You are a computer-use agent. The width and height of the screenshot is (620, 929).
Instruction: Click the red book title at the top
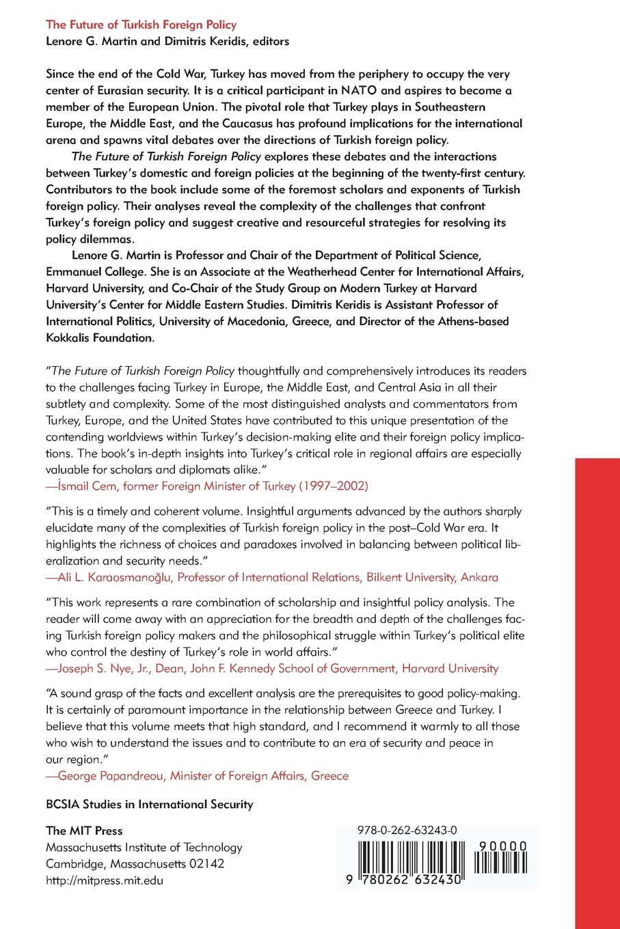(x=141, y=25)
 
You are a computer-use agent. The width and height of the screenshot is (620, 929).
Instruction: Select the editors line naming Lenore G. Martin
(x=167, y=41)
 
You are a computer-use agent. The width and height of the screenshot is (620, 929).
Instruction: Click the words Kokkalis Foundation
(x=100, y=337)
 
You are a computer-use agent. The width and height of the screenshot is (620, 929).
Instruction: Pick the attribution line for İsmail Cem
(x=206, y=486)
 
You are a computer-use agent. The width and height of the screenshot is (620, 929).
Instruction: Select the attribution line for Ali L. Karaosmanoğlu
(x=271, y=577)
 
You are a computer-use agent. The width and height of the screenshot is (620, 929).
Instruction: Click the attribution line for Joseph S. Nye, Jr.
(x=271, y=668)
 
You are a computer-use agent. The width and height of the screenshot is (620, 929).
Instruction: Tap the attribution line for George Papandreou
(x=197, y=775)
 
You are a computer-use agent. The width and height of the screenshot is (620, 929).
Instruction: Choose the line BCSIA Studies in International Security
(x=149, y=804)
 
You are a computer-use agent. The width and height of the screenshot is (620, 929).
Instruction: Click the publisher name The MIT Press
(x=84, y=831)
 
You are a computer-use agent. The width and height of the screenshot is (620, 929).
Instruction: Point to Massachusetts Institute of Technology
(x=144, y=847)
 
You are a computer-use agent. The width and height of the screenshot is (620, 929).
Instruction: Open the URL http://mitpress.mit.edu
(x=105, y=880)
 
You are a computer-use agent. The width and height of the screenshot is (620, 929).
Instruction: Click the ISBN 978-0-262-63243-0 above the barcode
(x=407, y=831)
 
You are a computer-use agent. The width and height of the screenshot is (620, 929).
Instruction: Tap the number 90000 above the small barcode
(x=502, y=846)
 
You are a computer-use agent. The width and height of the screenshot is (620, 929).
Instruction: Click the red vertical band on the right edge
(x=597, y=683)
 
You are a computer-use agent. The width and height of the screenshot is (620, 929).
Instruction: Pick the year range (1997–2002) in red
(x=334, y=486)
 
